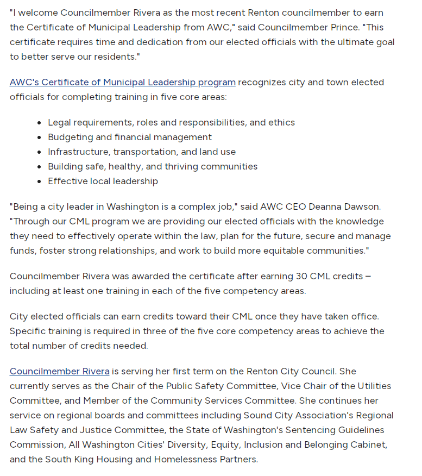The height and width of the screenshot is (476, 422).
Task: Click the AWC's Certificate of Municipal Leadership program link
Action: coord(122,83)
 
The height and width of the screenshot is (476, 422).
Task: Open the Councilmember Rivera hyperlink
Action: coord(60,372)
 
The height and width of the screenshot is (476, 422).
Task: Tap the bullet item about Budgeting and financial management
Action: coord(130,137)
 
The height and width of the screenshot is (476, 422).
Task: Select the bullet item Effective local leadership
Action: coord(103,181)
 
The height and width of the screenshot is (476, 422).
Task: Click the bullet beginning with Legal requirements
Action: coord(171,123)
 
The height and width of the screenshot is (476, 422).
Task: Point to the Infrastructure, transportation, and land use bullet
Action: coord(142,152)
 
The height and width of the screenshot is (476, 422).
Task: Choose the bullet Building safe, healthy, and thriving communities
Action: coord(153,167)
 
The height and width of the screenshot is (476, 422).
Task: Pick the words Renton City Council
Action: coord(293,372)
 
